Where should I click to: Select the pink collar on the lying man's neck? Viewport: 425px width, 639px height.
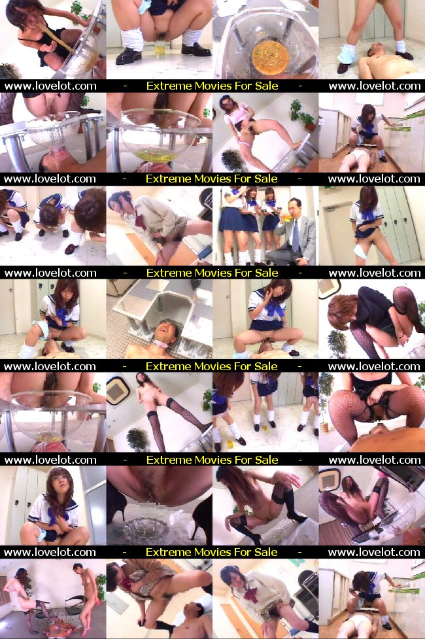tap(161, 345)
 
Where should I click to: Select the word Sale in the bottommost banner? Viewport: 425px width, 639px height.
tap(265, 552)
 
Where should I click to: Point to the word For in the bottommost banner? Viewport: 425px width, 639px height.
tap(243, 552)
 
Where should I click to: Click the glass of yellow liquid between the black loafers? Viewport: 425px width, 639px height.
tap(160, 50)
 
